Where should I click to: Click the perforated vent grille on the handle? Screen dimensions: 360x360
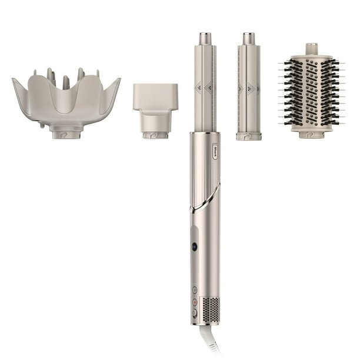pyautogui.click(x=210, y=308)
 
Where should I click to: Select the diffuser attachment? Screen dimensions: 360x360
pyautogui.click(x=65, y=104)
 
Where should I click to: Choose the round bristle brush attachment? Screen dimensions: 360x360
pyautogui.click(x=311, y=88)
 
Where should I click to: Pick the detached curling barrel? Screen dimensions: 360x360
pyautogui.click(x=249, y=88)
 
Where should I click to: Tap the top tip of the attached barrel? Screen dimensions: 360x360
pyautogui.click(x=205, y=39)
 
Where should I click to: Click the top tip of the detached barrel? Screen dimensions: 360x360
pyautogui.click(x=249, y=39)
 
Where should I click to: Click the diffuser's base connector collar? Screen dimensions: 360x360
pyautogui.click(x=65, y=133)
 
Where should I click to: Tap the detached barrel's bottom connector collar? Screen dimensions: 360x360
pyautogui.click(x=249, y=136)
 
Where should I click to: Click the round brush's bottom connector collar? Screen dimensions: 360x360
pyautogui.click(x=311, y=134)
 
